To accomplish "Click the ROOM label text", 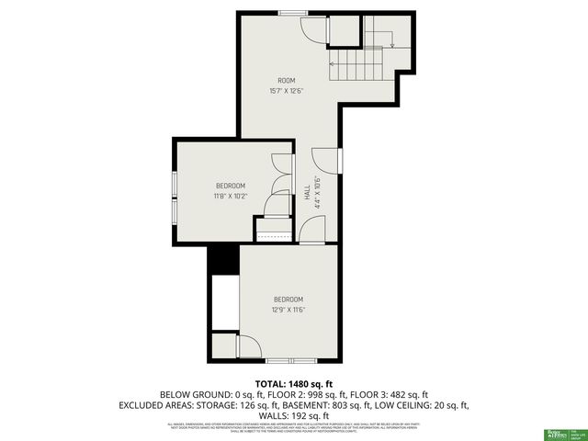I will coord(287,81).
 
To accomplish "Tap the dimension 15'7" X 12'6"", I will coord(287,91).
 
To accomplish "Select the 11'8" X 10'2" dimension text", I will coord(231,196).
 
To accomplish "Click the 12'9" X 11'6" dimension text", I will coord(288,310).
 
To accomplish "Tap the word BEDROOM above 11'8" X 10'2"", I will coord(231,186).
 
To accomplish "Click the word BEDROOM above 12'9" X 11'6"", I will coord(288,300).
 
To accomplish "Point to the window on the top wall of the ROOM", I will coord(294,13).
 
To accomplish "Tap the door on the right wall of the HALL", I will coord(326,159).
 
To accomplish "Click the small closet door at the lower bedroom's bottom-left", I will coord(245,347).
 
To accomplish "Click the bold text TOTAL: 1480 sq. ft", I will coord(293,383).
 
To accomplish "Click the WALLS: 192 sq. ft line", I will coord(293,415).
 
